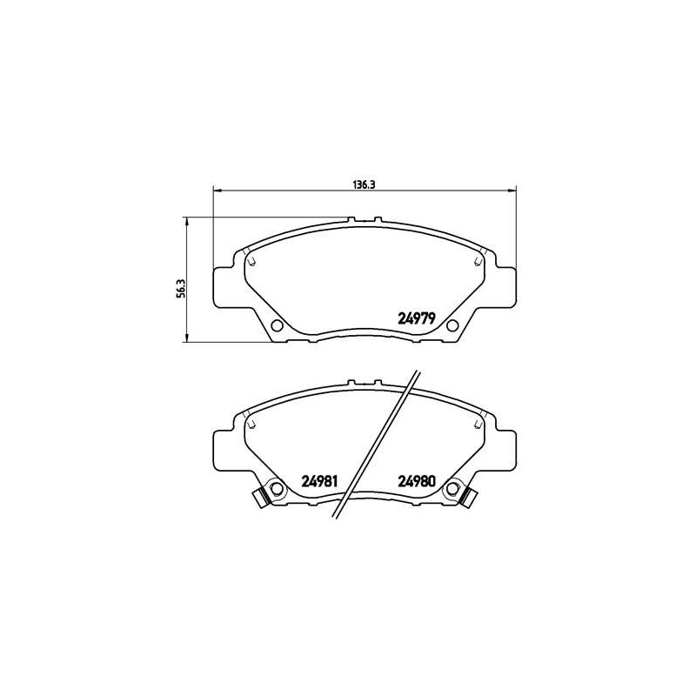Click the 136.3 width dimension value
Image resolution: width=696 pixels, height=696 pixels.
pyautogui.click(x=365, y=184)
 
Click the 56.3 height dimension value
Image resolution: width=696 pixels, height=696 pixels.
pyautogui.click(x=180, y=289)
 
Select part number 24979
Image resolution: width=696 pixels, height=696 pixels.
pyautogui.click(x=416, y=318)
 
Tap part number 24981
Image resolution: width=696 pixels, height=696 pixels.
pyautogui.click(x=320, y=481)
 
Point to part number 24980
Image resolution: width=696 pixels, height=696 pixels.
pyautogui.click(x=417, y=481)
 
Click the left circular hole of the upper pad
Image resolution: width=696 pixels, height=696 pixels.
pyautogui.click(x=277, y=325)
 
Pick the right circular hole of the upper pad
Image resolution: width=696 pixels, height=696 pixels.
pyautogui.click(x=452, y=325)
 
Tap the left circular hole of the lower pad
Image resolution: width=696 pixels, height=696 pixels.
pyautogui.click(x=277, y=489)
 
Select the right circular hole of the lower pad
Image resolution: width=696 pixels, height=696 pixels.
pyautogui.click(x=452, y=489)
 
